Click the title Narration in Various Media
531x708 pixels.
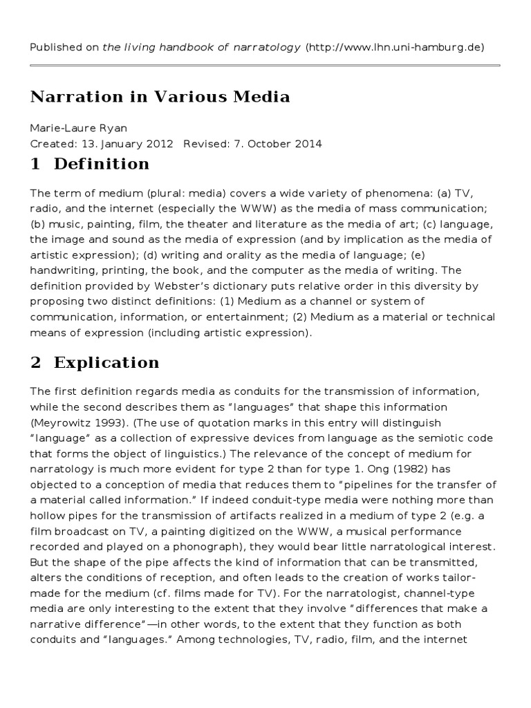(x=160, y=96)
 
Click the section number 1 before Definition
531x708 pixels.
(x=36, y=164)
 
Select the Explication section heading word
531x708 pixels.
(x=106, y=362)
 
